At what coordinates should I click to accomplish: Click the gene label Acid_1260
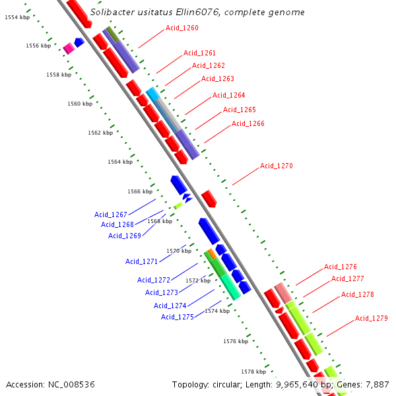181,28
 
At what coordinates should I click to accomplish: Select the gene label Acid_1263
218,79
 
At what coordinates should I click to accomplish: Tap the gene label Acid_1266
248,123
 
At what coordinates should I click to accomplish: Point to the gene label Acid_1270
276,166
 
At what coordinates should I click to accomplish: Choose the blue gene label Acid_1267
111,214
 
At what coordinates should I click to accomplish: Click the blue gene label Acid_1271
142,261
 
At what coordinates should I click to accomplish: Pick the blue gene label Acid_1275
178,317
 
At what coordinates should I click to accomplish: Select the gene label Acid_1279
372,318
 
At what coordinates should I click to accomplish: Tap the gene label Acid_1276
341,267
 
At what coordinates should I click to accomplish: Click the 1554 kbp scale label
16,18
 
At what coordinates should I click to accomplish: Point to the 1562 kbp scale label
100,133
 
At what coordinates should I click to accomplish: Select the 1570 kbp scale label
179,251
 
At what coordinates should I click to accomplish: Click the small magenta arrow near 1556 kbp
69,48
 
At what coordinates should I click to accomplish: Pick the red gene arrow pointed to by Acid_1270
209,198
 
